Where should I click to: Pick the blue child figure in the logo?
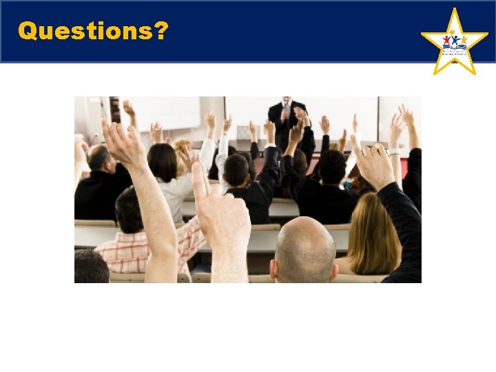tap(455, 39)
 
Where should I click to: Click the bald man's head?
tap(305, 248)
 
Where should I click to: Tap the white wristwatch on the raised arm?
tap(393, 151)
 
